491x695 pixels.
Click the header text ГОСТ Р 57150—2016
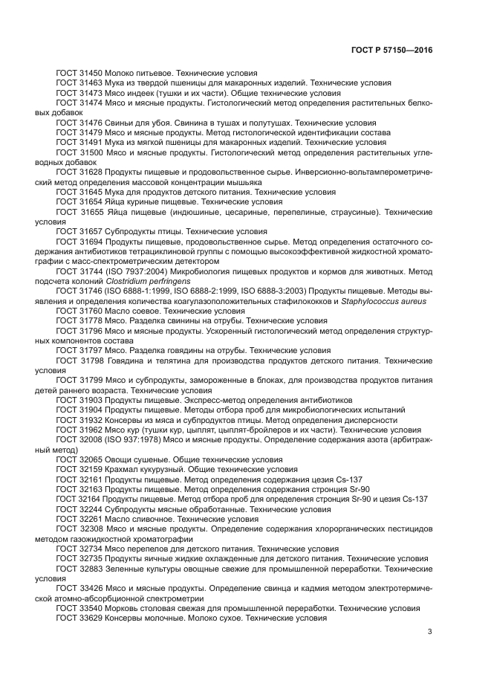click(x=393, y=50)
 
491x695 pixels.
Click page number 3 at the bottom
click(x=430, y=633)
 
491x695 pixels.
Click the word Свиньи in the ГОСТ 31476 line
click(x=122, y=122)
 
